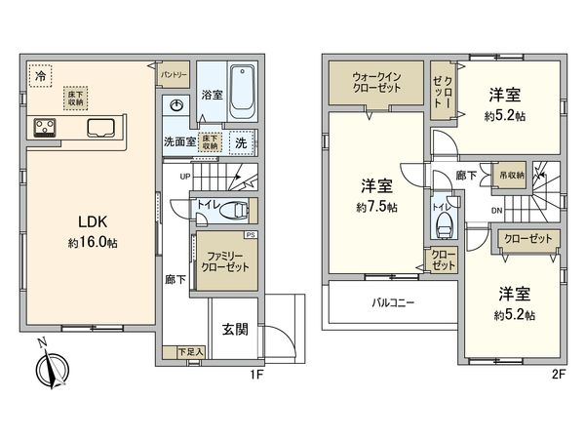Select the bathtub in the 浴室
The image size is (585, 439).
(x=241, y=92)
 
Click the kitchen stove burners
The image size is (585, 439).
(x=46, y=126)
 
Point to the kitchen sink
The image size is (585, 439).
(x=100, y=128)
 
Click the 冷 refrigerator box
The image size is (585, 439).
(x=40, y=75)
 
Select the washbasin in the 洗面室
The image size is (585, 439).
(x=176, y=106)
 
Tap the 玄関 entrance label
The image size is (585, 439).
(x=234, y=329)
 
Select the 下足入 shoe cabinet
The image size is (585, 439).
(x=190, y=351)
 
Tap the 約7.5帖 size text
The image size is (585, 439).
(x=376, y=207)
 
